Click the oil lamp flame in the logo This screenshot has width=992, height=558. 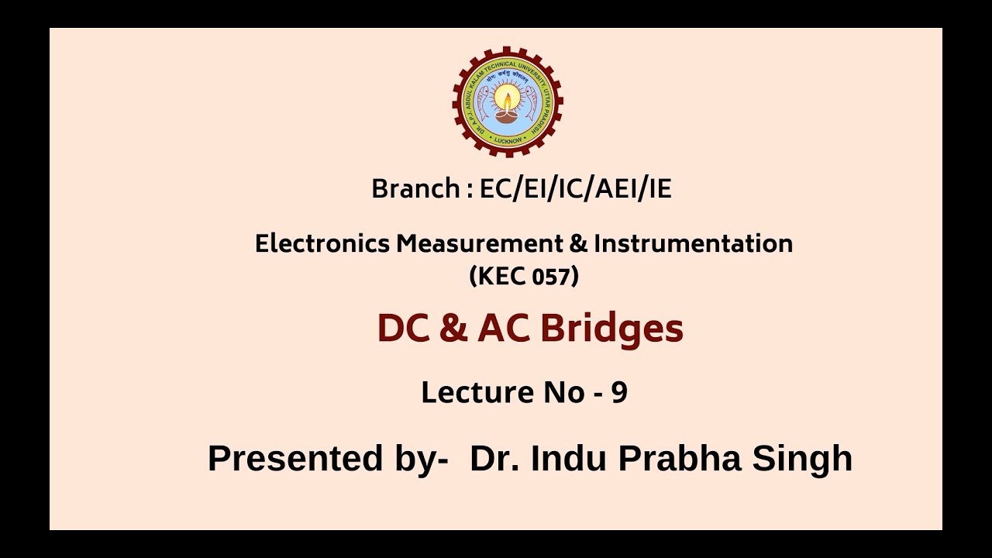click(x=508, y=98)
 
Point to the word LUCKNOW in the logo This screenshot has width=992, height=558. click(x=508, y=141)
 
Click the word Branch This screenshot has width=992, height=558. click(x=415, y=189)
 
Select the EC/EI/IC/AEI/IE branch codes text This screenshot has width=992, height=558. click(x=575, y=189)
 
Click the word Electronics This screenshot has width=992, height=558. click(x=322, y=243)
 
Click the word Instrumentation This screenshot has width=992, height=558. click(x=693, y=243)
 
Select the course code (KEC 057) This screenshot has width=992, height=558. click(x=524, y=276)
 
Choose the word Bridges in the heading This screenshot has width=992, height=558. click(x=611, y=329)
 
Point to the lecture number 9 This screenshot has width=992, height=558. click(x=618, y=393)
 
